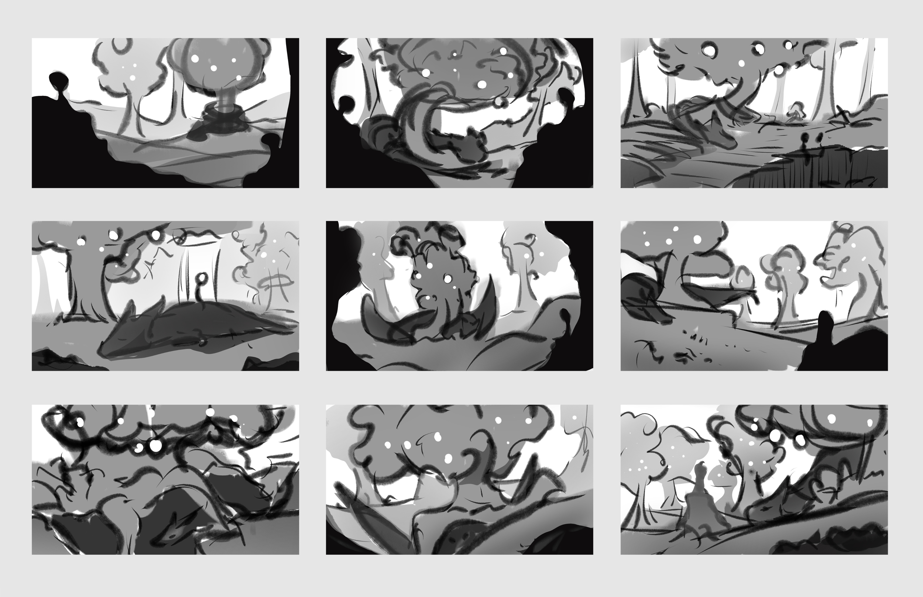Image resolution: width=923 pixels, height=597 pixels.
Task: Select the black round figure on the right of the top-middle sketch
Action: (x=566, y=96)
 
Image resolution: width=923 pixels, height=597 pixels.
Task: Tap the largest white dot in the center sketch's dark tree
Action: (x=448, y=278)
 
